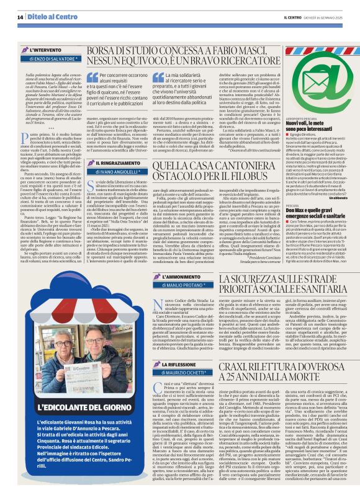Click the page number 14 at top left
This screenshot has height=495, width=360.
(x=20, y=17)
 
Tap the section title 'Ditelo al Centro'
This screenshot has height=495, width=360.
(x=47, y=17)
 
